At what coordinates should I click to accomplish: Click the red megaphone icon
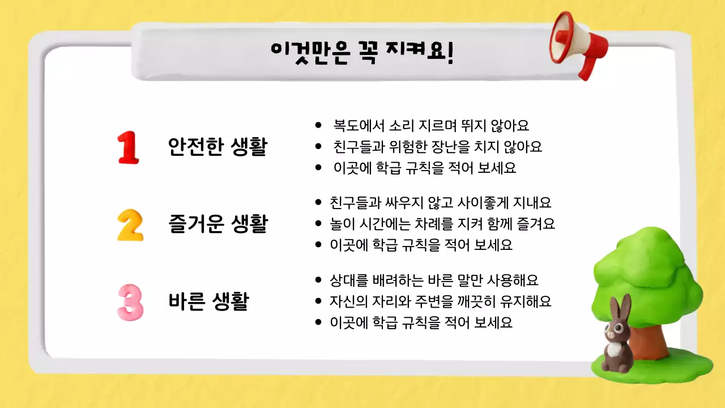click(x=578, y=42)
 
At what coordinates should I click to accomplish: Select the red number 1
click(x=128, y=148)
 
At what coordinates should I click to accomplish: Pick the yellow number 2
click(x=130, y=225)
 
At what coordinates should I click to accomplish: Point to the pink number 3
click(x=130, y=302)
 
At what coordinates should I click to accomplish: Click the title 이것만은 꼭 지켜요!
click(x=362, y=53)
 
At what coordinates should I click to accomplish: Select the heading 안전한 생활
click(x=217, y=148)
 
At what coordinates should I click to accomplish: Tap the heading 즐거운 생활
click(x=217, y=224)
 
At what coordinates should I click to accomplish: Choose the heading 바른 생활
click(x=208, y=301)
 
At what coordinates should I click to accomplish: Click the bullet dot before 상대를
click(x=318, y=280)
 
